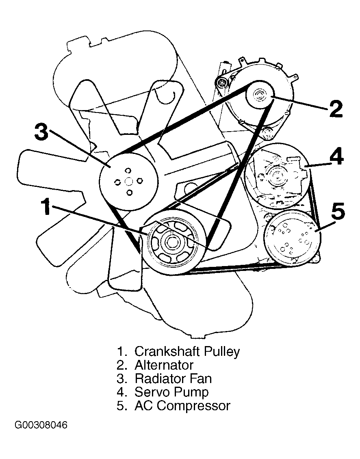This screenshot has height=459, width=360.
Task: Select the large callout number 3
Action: tap(42, 132)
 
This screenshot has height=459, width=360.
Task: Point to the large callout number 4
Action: tap(336, 157)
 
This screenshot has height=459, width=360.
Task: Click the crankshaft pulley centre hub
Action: tap(171, 244)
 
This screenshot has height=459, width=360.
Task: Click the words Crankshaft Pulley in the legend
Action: tap(187, 351)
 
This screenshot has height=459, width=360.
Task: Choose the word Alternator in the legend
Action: tap(164, 365)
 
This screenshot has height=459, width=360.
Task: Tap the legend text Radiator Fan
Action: tap(173, 379)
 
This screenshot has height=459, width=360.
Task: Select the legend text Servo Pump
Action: tap(171, 392)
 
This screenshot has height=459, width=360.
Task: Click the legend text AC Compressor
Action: tap(182, 406)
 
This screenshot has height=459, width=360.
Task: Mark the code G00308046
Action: tap(41, 425)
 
